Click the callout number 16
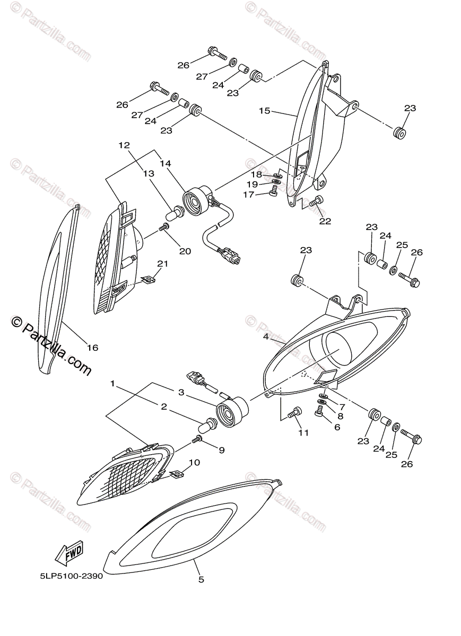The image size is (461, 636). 93,348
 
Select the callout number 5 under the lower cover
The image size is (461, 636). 201,579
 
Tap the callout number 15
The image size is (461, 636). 265,111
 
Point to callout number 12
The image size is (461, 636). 124,145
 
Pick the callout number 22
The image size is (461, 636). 325,221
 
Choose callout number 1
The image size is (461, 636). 112,382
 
